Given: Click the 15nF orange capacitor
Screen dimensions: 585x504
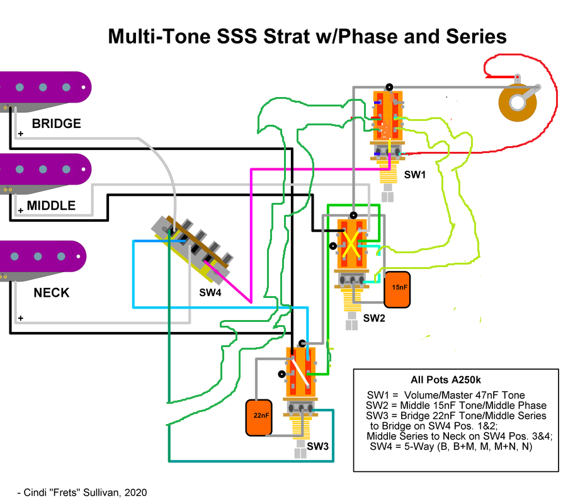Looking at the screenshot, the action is tap(397, 289).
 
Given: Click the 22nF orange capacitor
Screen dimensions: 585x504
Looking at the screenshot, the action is tap(259, 418).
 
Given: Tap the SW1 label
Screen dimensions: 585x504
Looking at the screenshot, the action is tap(415, 175).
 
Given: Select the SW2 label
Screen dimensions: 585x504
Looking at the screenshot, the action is tap(374, 318).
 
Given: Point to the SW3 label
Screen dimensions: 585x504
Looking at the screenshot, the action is tap(317, 446).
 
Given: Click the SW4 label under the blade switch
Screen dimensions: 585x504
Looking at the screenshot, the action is tap(210, 293).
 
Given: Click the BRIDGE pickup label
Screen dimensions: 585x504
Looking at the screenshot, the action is tap(56, 123).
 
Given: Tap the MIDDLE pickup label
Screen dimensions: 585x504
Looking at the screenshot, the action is tap(51, 206).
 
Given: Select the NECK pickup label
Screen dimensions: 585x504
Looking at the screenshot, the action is tap(52, 293).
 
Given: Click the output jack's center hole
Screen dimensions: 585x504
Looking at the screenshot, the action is tap(518, 102).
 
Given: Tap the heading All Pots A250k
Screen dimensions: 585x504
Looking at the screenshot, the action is tap(445, 380).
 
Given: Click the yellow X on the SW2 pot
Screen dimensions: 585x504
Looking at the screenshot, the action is tap(351, 244).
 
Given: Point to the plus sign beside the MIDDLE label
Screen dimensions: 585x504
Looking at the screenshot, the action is tap(21, 210).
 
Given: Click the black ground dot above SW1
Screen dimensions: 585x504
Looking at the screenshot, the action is tap(389, 87).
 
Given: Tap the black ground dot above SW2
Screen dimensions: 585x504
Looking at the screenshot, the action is tap(353, 215).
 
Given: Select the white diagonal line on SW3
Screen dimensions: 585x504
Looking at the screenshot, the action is tap(300, 372).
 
